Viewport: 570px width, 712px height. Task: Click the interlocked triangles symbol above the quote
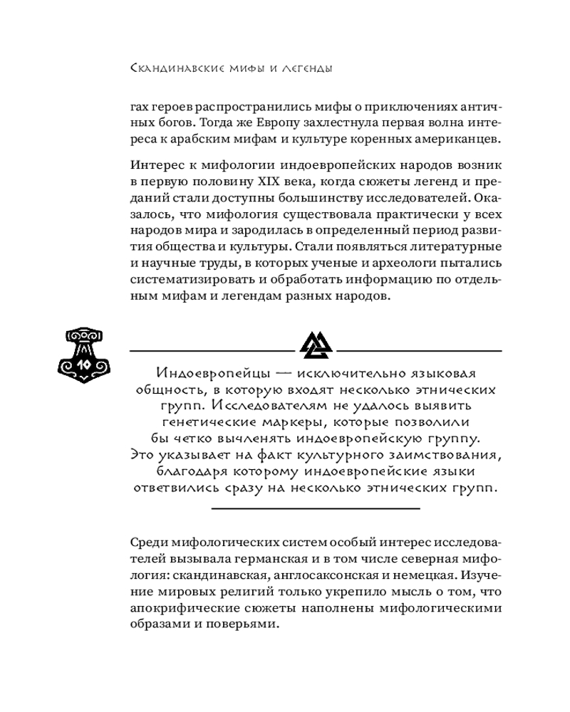tap(315, 345)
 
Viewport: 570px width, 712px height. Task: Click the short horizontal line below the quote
tap(316, 508)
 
